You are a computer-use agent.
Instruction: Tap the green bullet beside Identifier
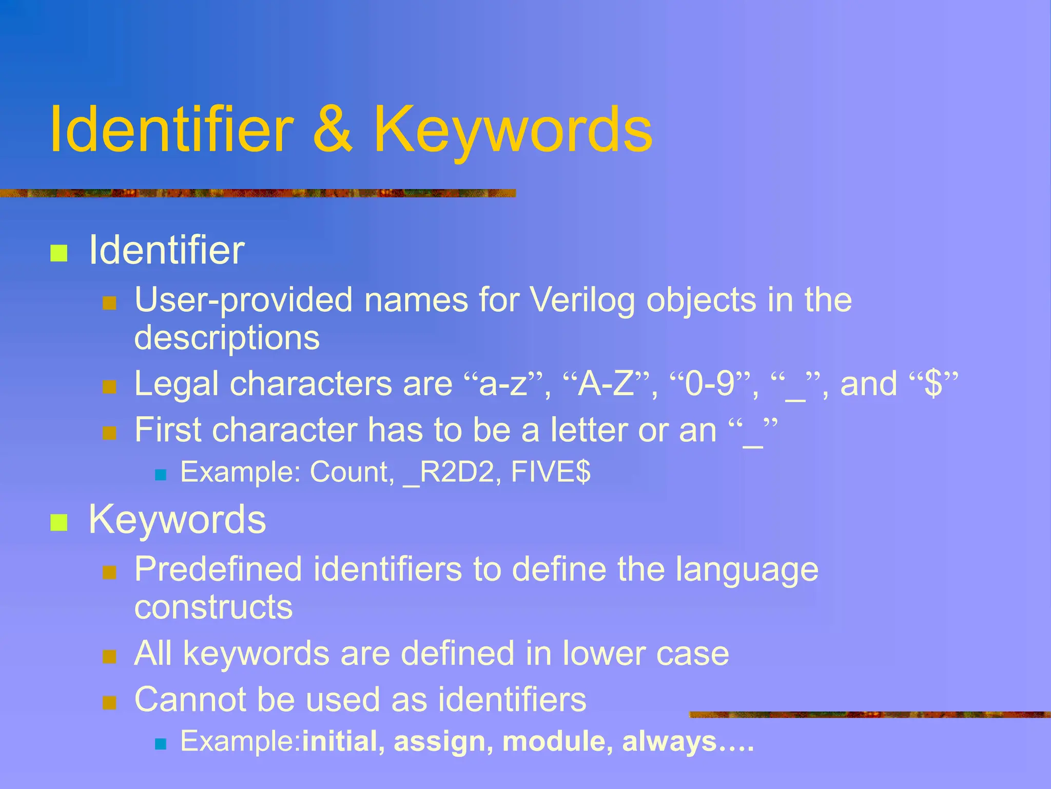pyautogui.click(x=59, y=253)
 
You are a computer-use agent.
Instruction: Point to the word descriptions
pyautogui.click(x=227, y=338)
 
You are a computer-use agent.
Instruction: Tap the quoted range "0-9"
pyautogui.click(x=710, y=384)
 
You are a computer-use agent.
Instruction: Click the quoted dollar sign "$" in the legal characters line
pyautogui.click(x=933, y=384)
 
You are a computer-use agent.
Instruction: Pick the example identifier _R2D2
pyautogui.click(x=450, y=472)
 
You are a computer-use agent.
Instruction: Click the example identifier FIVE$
pyautogui.click(x=551, y=472)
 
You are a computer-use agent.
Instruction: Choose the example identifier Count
pyautogui.click(x=352, y=472)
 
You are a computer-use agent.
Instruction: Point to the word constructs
pyautogui.click(x=213, y=607)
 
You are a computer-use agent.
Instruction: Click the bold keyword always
pyautogui.click(x=669, y=742)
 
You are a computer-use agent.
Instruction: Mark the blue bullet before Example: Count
pyautogui.click(x=161, y=475)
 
